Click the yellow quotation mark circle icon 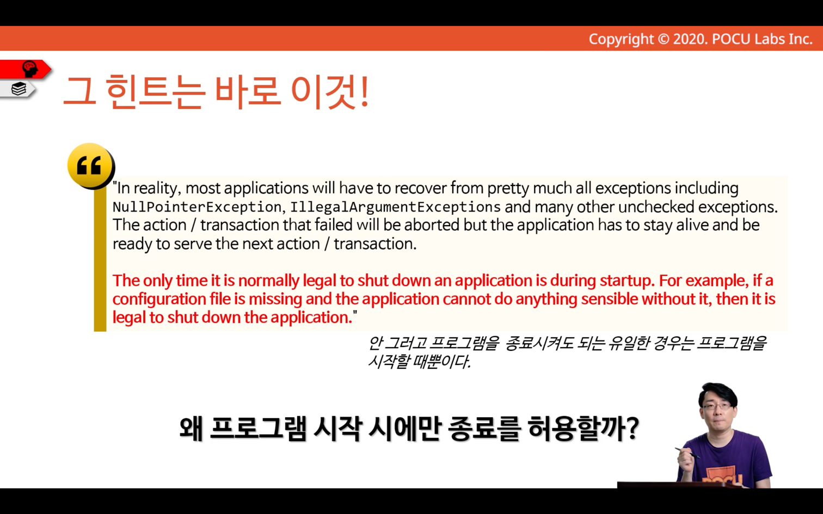(91, 166)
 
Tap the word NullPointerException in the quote (197, 207)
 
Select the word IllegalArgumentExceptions (395, 207)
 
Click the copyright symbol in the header (663, 39)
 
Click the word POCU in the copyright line (731, 39)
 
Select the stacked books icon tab (19, 89)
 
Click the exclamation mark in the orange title (364, 91)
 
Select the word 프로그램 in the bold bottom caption (257, 429)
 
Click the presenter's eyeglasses (716, 406)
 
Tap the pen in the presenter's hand (687, 453)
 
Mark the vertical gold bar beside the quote (100, 259)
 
